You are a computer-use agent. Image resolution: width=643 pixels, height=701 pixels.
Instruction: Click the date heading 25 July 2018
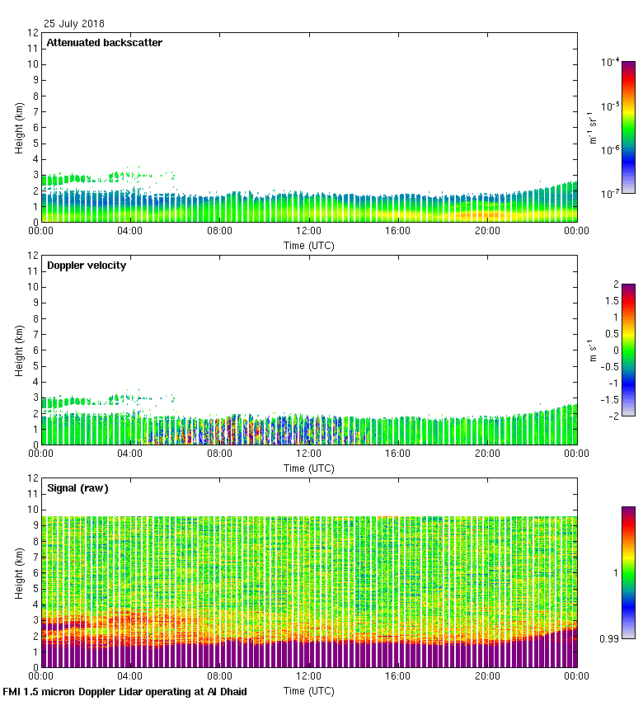tap(74, 24)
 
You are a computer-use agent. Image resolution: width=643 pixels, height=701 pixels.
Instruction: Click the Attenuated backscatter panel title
tap(104, 43)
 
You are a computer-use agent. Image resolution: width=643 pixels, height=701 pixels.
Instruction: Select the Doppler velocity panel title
tap(86, 266)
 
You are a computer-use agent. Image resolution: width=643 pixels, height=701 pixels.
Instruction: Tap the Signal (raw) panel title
tap(77, 488)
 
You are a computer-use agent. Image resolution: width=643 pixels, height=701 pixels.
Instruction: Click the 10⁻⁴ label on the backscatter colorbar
tap(610, 62)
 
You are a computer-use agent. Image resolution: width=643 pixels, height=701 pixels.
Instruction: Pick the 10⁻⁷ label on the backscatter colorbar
tap(610, 193)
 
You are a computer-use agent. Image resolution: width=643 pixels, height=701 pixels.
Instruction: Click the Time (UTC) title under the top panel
tap(309, 245)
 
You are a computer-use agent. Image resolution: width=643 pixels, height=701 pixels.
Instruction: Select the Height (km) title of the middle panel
tap(20, 350)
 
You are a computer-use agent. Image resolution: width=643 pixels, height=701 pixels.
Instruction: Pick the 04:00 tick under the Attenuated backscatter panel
tap(130, 232)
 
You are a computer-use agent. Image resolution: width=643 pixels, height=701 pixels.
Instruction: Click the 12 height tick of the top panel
tap(34, 33)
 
